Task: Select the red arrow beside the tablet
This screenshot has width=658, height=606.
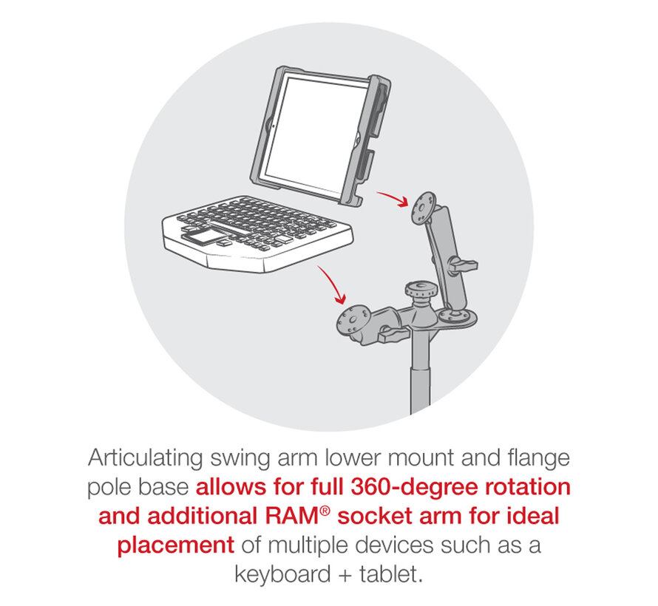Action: point(393,199)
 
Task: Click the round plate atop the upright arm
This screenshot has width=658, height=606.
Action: point(424,208)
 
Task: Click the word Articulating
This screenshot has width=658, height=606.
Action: point(145,458)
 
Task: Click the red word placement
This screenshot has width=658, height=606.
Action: point(175,545)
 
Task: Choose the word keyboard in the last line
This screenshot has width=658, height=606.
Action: point(282,574)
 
